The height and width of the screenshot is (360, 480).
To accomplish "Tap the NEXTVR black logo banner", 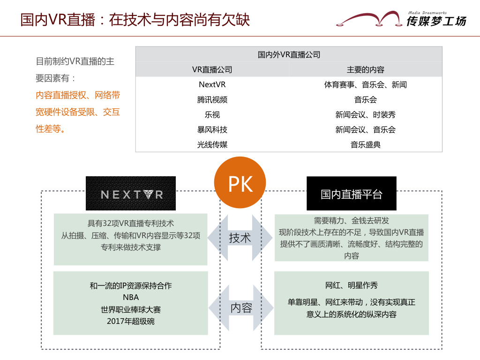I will point(131,193).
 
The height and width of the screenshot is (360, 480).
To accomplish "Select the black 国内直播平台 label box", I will point(352,193).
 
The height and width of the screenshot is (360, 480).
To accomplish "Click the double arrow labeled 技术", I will point(240,238).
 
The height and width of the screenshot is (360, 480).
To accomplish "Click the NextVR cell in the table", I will point(212,84).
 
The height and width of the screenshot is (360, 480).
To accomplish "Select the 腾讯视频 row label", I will point(212,99).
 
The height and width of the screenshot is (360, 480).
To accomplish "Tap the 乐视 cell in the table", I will point(212,114).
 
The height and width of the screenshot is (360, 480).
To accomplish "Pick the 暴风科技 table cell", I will point(212,129).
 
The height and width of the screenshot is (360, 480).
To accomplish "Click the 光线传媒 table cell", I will point(212,144).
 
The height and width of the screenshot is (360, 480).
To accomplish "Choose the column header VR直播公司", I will point(212,69).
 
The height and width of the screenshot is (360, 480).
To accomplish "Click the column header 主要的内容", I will point(366,69).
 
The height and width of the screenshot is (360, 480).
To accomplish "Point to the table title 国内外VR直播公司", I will point(289,54).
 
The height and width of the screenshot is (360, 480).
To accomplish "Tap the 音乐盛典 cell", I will point(366,144).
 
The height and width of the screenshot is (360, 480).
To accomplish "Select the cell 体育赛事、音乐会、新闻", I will point(366,84).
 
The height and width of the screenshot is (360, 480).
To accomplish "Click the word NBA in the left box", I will point(131,297).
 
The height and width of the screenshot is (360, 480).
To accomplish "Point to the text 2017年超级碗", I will point(131,321).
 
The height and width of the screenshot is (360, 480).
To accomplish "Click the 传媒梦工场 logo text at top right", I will point(436,21).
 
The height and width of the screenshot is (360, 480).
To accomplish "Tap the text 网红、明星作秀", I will point(352,285).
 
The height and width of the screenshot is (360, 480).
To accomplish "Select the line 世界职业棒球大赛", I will point(131,309).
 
